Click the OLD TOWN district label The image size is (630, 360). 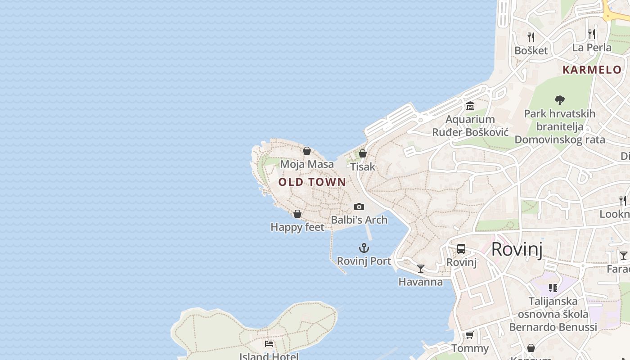pyautogui.click(x=312, y=182)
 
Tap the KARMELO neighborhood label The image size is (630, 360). pyautogui.click(x=592, y=70)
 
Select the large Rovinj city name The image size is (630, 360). pyautogui.click(x=517, y=249)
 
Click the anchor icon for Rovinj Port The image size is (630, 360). pyautogui.click(x=364, y=248)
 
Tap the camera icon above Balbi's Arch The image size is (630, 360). pyautogui.click(x=359, y=207)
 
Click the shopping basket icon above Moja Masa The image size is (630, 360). pyautogui.click(x=307, y=151)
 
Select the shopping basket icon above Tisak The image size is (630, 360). pyautogui.click(x=363, y=153)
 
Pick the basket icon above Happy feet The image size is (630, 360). pyautogui.click(x=297, y=214)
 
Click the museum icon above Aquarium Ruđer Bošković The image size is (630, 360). pyautogui.click(x=470, y=106)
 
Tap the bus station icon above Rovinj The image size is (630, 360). pyautogui.click(x=461, y=249)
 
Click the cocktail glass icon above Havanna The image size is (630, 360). pyautogui.click(x=421, y=269)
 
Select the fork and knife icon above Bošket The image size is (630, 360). pyautogui.click(x=531, y=37)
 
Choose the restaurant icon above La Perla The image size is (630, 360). pyautogui.click(x=592, y=34)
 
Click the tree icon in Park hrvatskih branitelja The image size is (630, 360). pyautogui.click(x=560, y=100)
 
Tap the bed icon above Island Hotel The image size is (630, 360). pyautogui.click(x=269, y=344)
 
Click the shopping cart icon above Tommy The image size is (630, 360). pyautogui.click(x=470, y=335)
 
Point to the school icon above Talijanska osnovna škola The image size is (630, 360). pyautogui.click(x=553, y=288)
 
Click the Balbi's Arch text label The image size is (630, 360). pyautogui.click(x=359, y=220)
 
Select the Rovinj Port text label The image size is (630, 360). pyautogui.click(x=364, y=261)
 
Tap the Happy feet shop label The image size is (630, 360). pyautogui.click(x=297, y=227)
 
